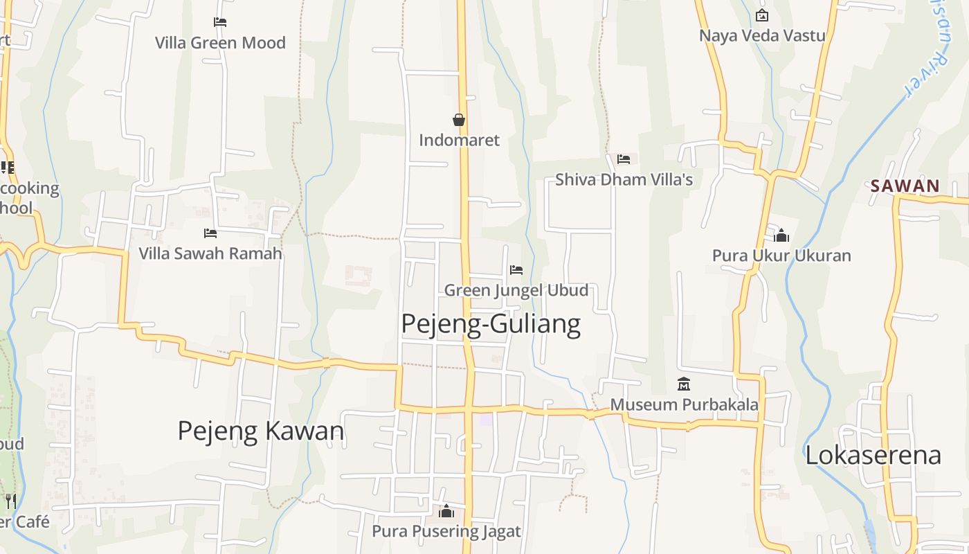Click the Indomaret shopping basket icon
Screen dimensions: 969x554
(x=458, y=120)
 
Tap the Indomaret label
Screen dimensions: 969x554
(x=459, y=140)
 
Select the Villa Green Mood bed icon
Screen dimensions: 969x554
(x=220, y=22)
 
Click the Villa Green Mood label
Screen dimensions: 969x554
(x=220, y=43)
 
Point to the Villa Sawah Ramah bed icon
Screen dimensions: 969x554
(x=210, y=233)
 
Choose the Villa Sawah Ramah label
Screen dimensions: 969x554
(x=210, y=253)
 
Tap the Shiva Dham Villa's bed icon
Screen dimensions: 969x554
(x=624, y=159)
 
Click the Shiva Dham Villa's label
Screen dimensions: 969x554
(x=624, y=180)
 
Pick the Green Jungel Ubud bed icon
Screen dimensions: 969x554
(x=516, y=270)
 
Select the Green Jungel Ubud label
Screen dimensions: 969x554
(x=516, y=290)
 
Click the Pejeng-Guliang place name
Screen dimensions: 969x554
(x=491, y=324)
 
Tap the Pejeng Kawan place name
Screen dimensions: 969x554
(x=261, y=431)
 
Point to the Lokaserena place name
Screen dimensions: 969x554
(x=873, y=455)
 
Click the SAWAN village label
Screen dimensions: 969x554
(x=905, y=186)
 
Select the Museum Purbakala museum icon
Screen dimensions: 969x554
(x=684, y=384)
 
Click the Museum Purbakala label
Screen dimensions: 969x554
(x=684, y=404)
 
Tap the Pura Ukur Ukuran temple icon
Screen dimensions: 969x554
(x=781, y=235)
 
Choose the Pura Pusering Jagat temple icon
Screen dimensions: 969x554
(x=446, y=511)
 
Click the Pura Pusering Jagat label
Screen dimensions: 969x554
(x=446, y=531)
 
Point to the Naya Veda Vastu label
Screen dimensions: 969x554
(x=762, y=35)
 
